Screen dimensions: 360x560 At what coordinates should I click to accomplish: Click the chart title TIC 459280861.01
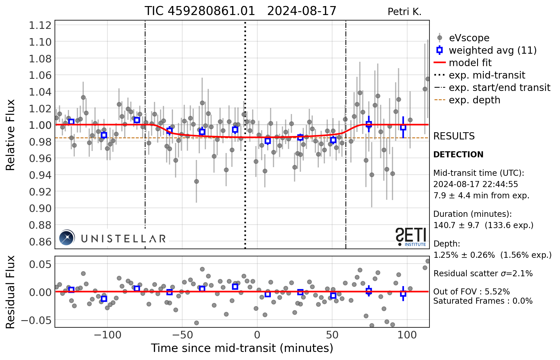pyautogui.click(x=200, y=11)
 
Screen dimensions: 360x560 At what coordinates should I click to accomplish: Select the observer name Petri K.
pyautogui.click(x=404, y=12)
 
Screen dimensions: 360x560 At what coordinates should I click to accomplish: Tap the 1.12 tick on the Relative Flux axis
pyautogui.click(x=40, y=25)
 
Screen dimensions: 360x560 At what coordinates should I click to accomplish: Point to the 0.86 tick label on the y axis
pyautogui.click(x=40, y=242)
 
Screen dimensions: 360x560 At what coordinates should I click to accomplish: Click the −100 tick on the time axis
pyautogui.click(x=107, y=335)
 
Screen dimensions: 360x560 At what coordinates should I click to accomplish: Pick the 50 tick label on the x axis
pyautogui.click(x=332, y=335)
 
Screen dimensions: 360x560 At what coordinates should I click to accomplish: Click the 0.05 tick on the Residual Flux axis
pyautogui.click(x=40, y=264)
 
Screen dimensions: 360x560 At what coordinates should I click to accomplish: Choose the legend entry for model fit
pyautogui.click(x=470, y=63)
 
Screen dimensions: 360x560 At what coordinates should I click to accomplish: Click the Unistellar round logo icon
pyautogui.click(x=67, y=238)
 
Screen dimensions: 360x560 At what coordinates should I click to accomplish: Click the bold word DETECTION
pyautogui.click(x=458, y=154)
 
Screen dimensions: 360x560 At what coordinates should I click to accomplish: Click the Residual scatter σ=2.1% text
pyautogui.click(x=483, y=273)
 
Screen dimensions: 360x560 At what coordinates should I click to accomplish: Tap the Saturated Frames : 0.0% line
pyautogui.click(x=483, y=301)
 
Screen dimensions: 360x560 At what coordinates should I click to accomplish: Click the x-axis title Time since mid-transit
pyautogui.click(x=242, y=348)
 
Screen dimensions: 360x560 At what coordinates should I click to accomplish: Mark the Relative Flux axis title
pyautogui.click(x=10, y=135)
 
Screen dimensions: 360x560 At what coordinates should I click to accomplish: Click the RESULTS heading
pyautogui.click(x=454, y=136)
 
